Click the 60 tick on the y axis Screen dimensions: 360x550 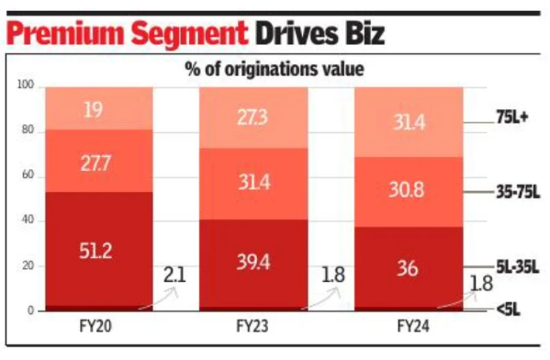click(x=28, y=175)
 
